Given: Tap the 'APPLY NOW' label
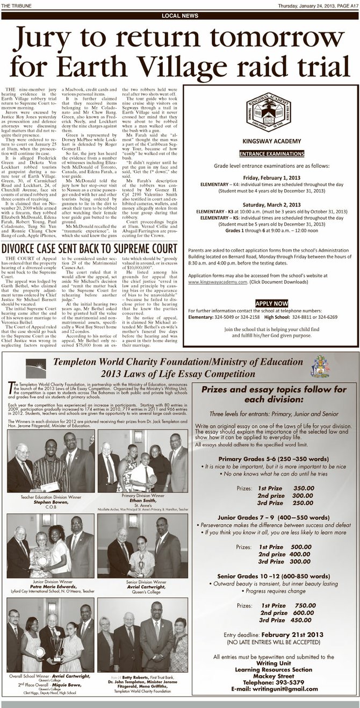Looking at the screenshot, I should [271, 303].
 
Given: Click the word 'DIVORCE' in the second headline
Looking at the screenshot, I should [26, 248].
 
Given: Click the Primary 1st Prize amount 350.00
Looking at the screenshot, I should [303, 488].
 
